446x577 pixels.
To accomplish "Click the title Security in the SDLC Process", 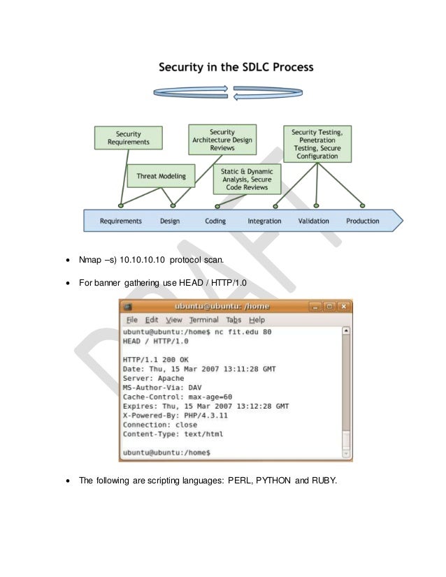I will click(236, 68).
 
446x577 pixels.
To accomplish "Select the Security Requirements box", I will click(128, 138).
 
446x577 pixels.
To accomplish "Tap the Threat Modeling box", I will click(161, 177).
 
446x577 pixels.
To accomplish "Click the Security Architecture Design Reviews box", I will click(222, 139).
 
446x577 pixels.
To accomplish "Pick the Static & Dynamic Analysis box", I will click(247, 179).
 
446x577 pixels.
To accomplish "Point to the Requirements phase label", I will click(120, 221).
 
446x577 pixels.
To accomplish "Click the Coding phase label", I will click(215, 221).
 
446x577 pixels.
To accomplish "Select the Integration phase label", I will click(264, 221).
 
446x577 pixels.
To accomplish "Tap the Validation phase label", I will click(313, 221).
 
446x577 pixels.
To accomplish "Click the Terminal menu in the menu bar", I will click(204, 320).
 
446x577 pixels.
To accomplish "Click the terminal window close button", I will click(344, 307).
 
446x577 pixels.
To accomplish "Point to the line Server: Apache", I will click(153, 378).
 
